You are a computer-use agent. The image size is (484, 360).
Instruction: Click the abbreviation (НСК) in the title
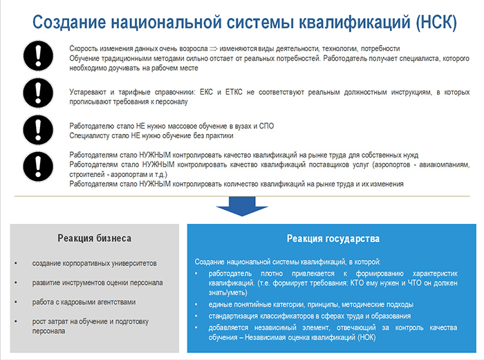(436, 22)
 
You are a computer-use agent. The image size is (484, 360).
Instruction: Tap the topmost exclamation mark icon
(38, 56)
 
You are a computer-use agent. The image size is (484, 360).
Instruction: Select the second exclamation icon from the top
(38, 93)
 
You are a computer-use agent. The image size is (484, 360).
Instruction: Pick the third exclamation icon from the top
(38, 130)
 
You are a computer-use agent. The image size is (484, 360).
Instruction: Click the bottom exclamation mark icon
(38, 167)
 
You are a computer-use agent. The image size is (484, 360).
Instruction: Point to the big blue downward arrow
(242, 206)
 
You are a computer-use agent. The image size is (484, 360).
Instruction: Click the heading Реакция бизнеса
(95, 238)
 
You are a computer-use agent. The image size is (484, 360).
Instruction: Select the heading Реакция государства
(333, 239)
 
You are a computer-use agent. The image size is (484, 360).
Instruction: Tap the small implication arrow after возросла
(214, 49)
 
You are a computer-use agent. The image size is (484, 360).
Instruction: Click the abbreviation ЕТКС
(234, 92)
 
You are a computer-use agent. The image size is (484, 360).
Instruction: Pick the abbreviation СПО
(266, 126)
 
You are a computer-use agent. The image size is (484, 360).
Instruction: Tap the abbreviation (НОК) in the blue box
(366, 337)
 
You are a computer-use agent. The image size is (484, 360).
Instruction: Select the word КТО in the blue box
(357, 283)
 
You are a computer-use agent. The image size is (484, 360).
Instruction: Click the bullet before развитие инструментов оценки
(16, 283)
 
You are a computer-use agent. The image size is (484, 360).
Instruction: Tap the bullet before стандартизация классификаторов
(196, 316)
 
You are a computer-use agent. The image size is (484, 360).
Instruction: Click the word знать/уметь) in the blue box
(227, 293)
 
